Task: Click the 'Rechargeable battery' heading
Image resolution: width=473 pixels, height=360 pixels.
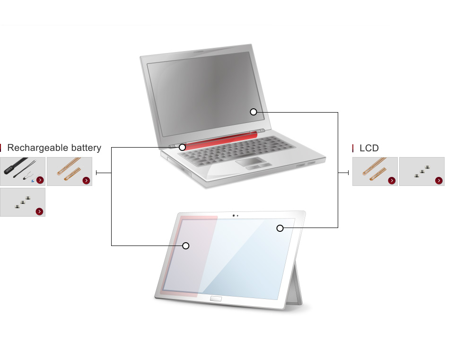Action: pyautogui.click(x=54, y=148)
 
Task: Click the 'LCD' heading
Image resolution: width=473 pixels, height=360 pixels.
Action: pyautogui.click(x=369, y=148)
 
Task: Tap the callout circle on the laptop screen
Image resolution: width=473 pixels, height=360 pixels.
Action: pyautogui.click(x=254, y=112)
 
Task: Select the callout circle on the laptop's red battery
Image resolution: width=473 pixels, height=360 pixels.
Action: pyautogui.click(x=182, y=147)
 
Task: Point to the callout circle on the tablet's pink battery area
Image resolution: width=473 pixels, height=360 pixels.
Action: pyautogui.click(x=186, y=246)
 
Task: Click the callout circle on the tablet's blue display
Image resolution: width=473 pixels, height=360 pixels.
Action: pyautogui.click(x=280, y=228)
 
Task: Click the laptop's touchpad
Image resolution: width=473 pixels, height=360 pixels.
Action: pyautogui.click(x=250, y=161)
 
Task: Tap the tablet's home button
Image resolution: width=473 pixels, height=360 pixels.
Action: pyautogui.click(x=216, y=299)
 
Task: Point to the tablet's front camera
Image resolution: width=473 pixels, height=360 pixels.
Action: pyautogui.click(x=234, y=215)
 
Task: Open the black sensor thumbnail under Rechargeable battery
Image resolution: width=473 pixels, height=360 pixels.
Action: pyautogui.click(x=23, y=171)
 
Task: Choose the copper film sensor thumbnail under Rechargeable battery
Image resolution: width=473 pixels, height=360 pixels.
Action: pyautogui.click(x=70, y=171)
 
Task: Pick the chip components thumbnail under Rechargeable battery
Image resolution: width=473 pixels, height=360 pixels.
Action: pyautogui.click(x=23, y=202)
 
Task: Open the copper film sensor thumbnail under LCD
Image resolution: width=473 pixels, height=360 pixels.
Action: pyautogui.click(x=375, y=171)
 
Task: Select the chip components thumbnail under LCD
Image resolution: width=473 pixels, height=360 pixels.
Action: pyautogui.click(x=422, y=171)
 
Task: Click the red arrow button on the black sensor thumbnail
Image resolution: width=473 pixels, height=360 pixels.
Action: pyautogui.click(x=40, y=180)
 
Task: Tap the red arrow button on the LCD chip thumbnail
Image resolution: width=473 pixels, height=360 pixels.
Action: pyautogui.click(x=438, y=180)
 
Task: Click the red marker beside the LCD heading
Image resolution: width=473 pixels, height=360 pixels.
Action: pyautogui.click(x=353, y=148)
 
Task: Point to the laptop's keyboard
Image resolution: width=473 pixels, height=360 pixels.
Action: pyautogui.click(x=237, y=149)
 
